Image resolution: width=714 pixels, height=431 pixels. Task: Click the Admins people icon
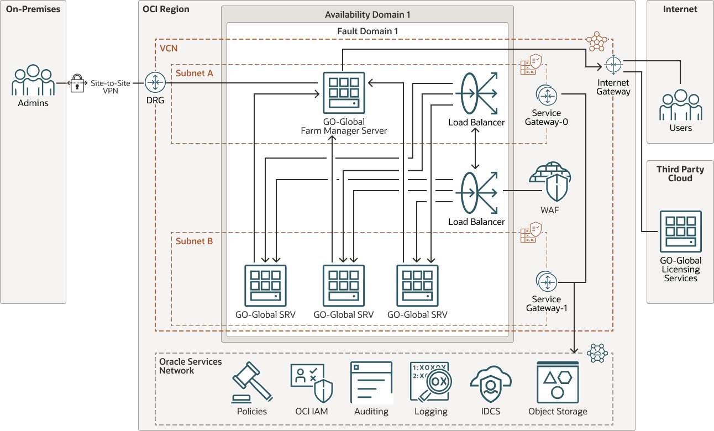coord(33,81)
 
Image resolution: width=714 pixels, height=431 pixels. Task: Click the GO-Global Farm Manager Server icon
coord(343,93)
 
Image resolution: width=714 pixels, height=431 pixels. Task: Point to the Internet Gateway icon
coord(613,65)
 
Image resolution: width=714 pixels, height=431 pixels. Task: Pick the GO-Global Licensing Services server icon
coord(680,231)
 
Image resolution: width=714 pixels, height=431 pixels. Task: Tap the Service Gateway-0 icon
coord(547,96)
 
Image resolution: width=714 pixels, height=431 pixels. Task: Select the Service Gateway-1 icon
coord(547,282)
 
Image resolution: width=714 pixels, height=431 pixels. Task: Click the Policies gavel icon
coord(252,382)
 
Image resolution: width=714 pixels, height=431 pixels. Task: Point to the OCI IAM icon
coord(311,382)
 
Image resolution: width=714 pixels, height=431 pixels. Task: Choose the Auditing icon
coord(371,382)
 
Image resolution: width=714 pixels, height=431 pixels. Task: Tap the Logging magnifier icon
coord(431,382)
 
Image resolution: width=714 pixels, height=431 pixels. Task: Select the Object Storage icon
coord(557,382)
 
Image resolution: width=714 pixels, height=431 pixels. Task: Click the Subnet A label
coord(195,73)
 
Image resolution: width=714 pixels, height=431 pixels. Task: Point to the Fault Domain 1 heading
coord(368,31)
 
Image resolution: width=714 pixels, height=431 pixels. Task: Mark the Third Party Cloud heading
coord(680,174)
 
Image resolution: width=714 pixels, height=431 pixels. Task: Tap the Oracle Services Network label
coord(191,366)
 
